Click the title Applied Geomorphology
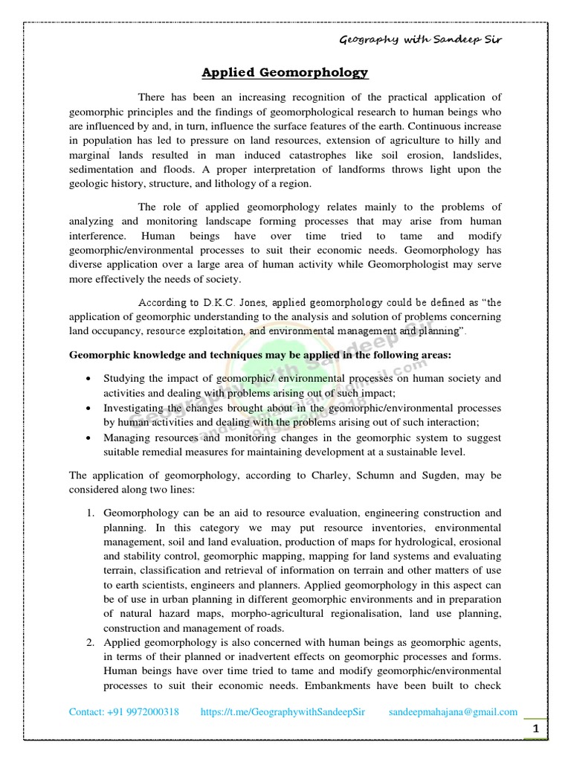pos(285,72)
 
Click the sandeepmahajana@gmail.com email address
pos(453,711)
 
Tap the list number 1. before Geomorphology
pos(90,513)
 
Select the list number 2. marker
pos(90,641)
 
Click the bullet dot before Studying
pos(89,380)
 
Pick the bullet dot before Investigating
pos(89,409)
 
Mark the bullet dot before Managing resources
pos(89,438)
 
